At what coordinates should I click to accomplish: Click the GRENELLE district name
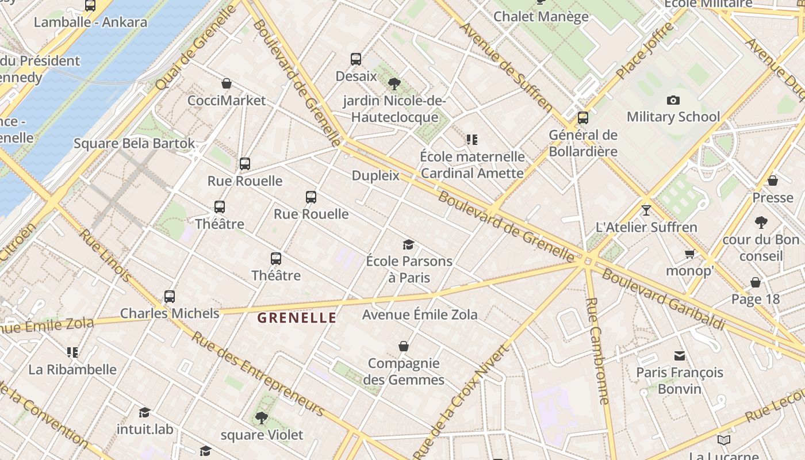(296, 317)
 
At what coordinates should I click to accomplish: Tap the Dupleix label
(375, 175)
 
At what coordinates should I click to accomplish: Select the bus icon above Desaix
(356, 59)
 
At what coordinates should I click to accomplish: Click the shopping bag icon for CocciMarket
(227, 83)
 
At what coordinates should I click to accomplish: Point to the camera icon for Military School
(673, 100)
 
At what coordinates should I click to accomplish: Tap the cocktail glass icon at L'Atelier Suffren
(646, 210)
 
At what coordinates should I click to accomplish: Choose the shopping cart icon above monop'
(689, 254)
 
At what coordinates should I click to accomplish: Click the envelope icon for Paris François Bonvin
(680, 355)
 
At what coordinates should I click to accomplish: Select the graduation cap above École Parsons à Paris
(408, 244)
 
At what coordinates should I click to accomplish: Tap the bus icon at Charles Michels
(170, 297)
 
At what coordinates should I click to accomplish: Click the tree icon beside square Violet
(262, 417)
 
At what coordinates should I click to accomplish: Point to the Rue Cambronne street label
(598, 351)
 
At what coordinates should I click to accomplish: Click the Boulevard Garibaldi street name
(663, 299)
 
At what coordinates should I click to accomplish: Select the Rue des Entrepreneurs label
(257, 373)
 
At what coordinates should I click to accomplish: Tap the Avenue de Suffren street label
(506, 67)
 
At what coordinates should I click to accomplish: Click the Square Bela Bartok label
(134, 143)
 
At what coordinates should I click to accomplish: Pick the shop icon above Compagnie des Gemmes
(404, 346)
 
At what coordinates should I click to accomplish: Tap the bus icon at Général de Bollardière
(583, 118)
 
